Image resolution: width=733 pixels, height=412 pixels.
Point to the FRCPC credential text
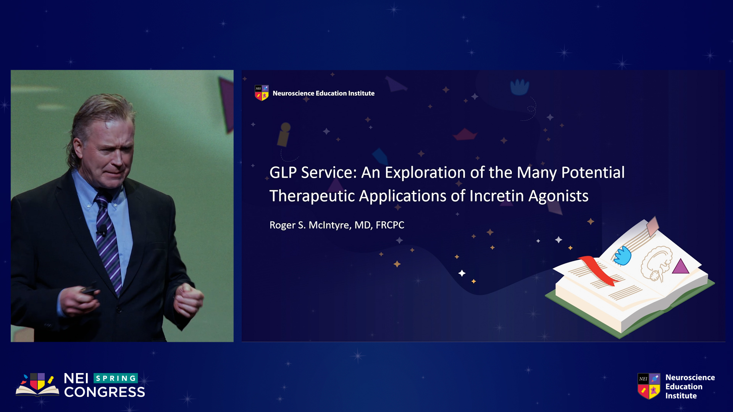point(390,225)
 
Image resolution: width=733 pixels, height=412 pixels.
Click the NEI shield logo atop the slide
point(262,93)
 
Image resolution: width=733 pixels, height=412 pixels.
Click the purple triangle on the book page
point(680,266)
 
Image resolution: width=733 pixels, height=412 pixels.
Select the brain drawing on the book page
point(656,263)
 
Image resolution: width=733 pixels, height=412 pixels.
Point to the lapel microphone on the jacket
point(102,230)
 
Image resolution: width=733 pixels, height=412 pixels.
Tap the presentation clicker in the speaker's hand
point(90,289)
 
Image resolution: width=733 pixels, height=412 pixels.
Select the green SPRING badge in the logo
point(116,378)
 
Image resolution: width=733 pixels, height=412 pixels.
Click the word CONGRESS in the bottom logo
point(105,392)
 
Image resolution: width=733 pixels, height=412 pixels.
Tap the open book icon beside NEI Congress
point(37,385)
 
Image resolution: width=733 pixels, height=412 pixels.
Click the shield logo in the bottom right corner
point(649,386)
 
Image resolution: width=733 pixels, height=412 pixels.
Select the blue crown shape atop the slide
point(520,87)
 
